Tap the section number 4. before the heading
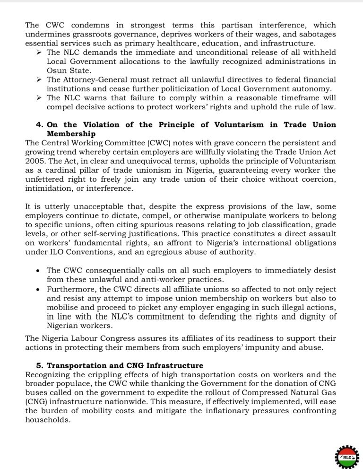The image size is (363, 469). click(40, 124)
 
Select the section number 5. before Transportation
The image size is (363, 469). click(40, 365)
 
